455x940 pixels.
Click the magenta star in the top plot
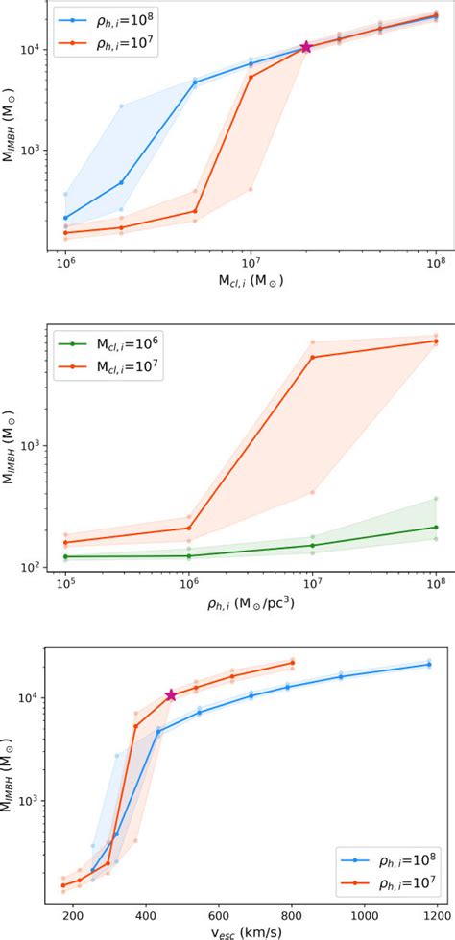coord(306,47)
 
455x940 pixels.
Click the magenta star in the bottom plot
coord(171,695)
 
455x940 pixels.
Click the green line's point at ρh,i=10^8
coord(435,527)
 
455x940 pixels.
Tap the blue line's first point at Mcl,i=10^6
coord(65,218)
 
